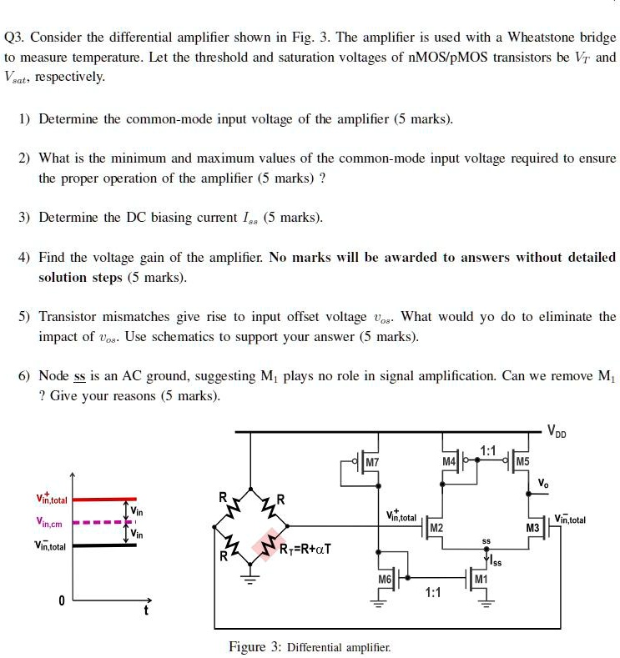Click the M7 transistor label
372,462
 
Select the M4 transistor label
449,461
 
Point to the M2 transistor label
436,529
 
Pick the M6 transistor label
385,579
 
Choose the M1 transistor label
480,579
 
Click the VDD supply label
558,430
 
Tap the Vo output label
543,483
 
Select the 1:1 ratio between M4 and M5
488,451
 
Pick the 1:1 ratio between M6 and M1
433,593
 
